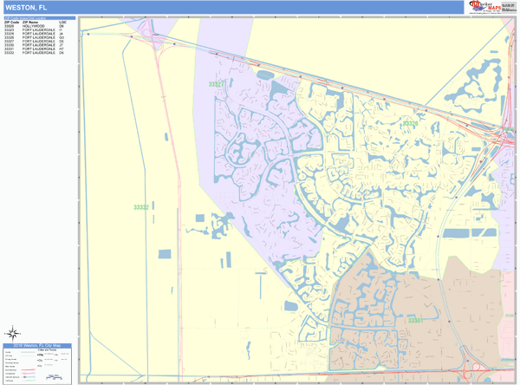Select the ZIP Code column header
coord(11,22)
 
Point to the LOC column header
coord(62,22)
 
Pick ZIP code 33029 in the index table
coord(10,26)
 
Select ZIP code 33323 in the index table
coord(10,30)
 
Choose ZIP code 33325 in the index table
coord(10,34)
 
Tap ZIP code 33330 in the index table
coord(10,45)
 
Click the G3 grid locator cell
coord(62,37)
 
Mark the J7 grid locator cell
coord(62,45)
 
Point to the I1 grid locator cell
coord(62,30)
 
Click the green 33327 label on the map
coord(217,84)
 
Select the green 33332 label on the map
coord(141,207)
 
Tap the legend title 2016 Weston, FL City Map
coord(38,346)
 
